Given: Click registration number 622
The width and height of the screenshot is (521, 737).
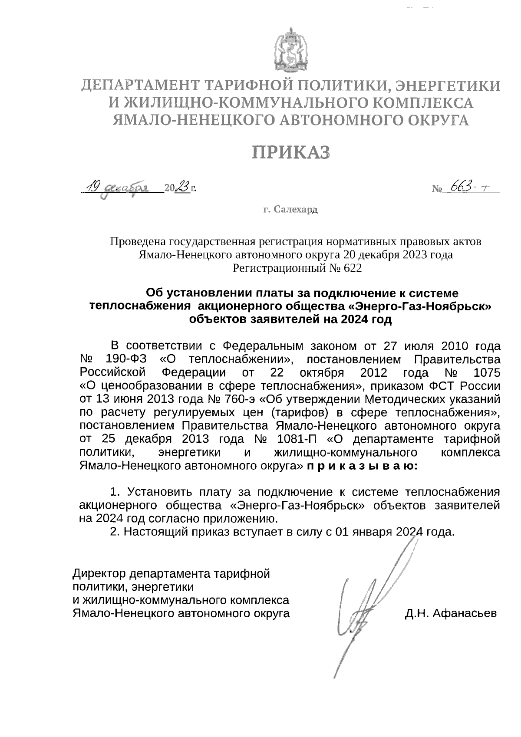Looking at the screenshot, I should pos(352,269).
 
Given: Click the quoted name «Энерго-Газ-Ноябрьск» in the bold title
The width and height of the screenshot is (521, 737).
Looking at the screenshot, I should pos(420,306).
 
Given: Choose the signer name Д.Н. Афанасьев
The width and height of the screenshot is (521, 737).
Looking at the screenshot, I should pos(451,613).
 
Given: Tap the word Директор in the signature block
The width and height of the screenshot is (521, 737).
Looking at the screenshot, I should pos(98,573).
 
